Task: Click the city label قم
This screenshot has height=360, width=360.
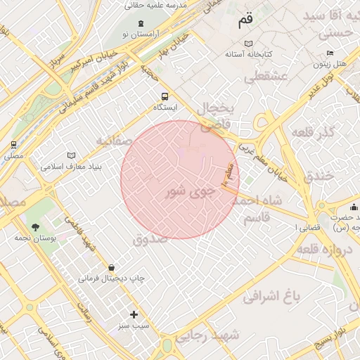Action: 244,21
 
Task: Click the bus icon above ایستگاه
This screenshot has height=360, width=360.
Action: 165,96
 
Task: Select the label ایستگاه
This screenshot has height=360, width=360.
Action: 166,108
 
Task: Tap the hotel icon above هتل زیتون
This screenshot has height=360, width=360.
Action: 330,53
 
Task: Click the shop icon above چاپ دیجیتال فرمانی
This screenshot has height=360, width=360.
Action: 112,267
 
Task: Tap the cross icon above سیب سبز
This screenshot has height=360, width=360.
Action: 134,314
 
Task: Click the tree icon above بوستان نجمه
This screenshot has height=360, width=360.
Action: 35,226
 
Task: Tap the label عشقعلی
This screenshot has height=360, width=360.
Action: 268,77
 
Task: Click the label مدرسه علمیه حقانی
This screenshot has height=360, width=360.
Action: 156,5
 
